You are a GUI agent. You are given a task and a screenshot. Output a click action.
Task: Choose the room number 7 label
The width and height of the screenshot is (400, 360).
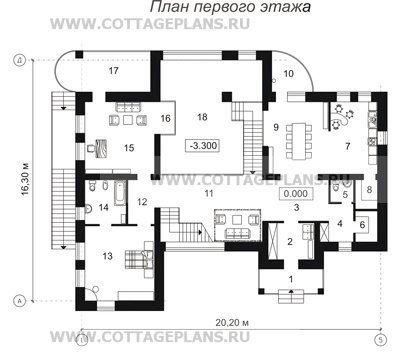347,147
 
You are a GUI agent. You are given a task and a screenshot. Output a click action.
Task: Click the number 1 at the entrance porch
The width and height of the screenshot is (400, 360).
290,277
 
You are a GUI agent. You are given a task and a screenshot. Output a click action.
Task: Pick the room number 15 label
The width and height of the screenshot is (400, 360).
129,148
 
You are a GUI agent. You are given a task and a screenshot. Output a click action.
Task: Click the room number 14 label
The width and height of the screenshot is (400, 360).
103,207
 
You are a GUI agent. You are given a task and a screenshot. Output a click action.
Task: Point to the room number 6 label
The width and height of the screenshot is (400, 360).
361,225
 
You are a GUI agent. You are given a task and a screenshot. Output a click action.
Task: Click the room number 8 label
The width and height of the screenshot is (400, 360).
368,189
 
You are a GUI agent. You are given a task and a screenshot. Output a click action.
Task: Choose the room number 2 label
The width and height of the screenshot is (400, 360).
290,241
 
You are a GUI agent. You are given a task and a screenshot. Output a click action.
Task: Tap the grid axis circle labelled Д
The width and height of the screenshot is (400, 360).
19,61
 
